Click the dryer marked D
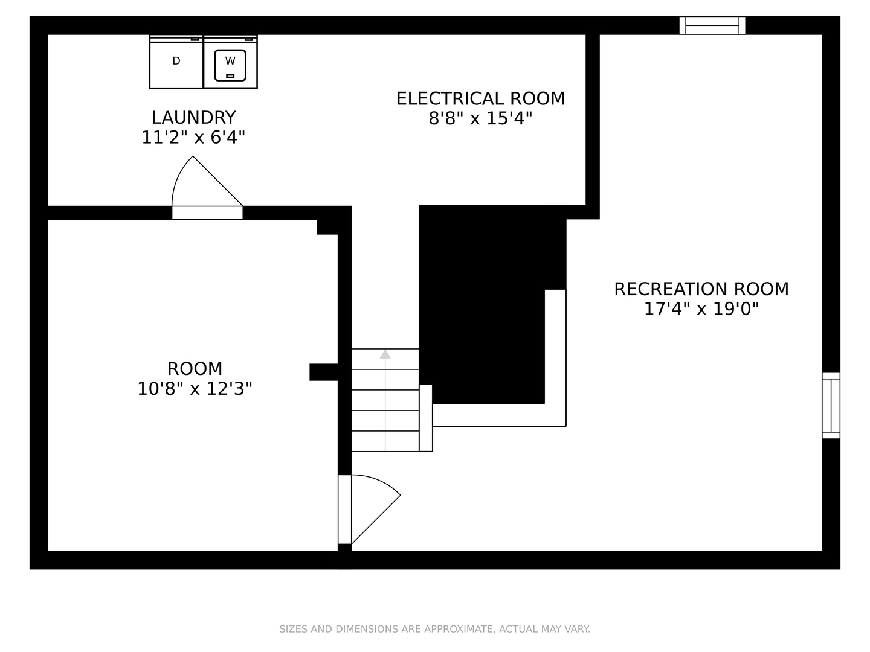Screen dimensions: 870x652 click(x=176, y=62)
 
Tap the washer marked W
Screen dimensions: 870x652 click(x=230, y=62)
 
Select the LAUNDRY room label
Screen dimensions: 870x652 click(x=194, y=118)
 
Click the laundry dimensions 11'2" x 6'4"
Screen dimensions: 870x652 click(x=193, y=138)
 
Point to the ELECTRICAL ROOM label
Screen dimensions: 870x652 click(x=480, y=98)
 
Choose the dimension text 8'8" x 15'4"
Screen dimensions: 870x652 click(x=480, y=118)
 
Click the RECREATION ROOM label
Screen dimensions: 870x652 click(x=701, y=289)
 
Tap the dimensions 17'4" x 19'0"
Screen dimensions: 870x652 click(x=701, y=308)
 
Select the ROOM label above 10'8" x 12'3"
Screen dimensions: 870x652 click(x=195, y=369)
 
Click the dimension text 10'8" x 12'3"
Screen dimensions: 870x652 click(x=195, y=389)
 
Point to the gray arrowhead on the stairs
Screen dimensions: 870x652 click(x=385, y=354)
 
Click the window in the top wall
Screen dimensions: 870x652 click(x=712, y=26)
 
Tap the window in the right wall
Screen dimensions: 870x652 click(x=831, y=405)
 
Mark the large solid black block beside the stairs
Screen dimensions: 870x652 click(x=482, y=305)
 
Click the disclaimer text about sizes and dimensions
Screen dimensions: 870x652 click(x=435, y=629)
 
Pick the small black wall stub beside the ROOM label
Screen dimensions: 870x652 click(x=324, y=372)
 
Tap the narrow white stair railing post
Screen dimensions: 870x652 click(x=426, y=418)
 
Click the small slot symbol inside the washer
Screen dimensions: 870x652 click(x=230, y=76)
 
